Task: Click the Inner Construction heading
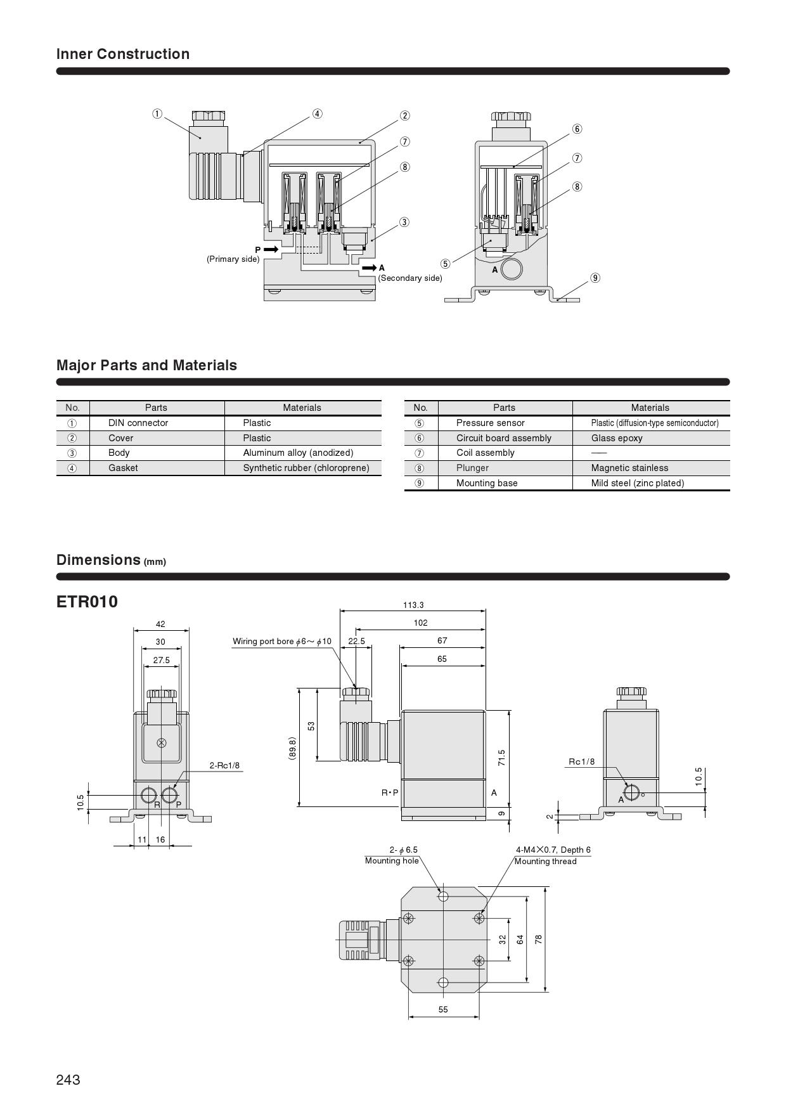pos(123,54)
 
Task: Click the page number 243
pos(68,1080)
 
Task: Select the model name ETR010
pos(87,602)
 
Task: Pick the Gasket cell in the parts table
pos(123,468)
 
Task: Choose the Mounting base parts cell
pos(487,483)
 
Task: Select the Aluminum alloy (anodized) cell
pos(298,453)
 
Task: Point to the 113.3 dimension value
pos(413,605)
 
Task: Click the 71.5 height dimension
pos(501,758)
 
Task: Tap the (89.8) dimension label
pos(292,748)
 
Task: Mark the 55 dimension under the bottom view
pos(443,1009)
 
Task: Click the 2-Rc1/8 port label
pos(225,765)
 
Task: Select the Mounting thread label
pos(545,862)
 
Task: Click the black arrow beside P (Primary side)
pos(271,250)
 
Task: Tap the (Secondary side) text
pos(410,278)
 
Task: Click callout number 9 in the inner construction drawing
pos(595,278)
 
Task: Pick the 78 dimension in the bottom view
pos(539,939)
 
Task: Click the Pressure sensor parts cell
pos(491,423)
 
